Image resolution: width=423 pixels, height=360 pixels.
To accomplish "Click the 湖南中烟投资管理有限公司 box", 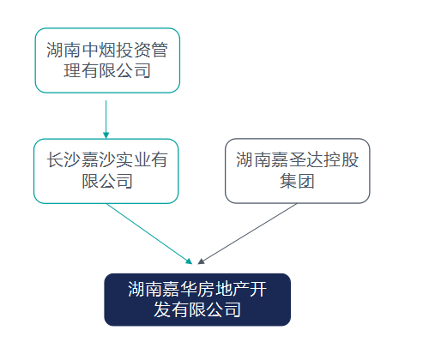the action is point(107,60).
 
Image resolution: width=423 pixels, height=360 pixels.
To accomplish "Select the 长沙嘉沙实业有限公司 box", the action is point(106,171).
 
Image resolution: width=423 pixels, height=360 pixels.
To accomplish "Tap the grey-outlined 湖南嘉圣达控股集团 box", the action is point(298,171).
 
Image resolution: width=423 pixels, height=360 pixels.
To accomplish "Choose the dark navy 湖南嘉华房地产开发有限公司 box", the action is point(197,299).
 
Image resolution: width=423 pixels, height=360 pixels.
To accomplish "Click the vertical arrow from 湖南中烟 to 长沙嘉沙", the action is point(106,119).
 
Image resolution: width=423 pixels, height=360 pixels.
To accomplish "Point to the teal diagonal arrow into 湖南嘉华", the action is point(149,234).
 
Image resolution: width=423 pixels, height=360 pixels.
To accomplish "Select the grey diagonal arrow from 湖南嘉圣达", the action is point(248,233).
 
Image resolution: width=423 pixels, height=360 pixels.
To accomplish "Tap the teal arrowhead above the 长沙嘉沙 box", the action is point(106,135).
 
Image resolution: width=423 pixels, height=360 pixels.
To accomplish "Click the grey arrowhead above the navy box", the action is point(201,261).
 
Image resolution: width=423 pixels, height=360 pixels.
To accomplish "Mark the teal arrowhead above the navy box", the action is point(189,261).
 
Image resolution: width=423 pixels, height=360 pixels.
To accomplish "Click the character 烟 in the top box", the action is point(107,50).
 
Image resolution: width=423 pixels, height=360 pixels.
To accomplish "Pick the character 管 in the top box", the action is point(160,50).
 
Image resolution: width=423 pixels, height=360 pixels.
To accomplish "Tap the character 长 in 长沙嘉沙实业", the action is point(56,159).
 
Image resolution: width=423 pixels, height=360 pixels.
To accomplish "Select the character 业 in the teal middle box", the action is point(142,159).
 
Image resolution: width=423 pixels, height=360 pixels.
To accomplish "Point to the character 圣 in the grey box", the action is point(298,159).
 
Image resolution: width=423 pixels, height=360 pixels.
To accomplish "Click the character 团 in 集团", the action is point(306,181).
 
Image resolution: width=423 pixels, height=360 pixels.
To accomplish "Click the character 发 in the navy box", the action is point(162,309).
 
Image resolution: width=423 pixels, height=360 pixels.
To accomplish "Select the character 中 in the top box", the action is point(90,50).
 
